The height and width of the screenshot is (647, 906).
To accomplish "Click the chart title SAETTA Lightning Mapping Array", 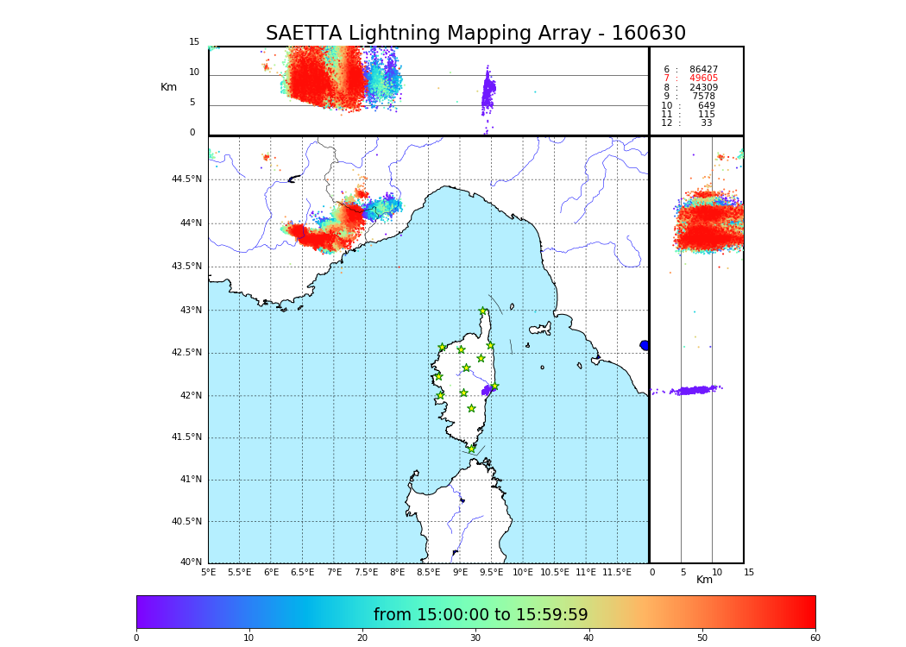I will [475, 34].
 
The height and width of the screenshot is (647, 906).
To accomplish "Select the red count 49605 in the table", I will [703, 79].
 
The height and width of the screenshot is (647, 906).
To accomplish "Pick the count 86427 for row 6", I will [703, 69].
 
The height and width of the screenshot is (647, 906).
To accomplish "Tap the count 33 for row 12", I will [706, 123].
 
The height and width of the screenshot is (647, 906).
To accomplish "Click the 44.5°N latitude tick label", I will [186, 179].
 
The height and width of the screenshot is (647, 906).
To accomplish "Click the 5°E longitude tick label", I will [208, 572].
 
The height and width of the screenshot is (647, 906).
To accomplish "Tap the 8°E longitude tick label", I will [397, 572].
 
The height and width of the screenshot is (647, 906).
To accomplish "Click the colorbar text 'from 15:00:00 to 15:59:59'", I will [481, 615].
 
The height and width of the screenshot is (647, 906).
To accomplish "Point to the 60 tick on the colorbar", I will [815, 638].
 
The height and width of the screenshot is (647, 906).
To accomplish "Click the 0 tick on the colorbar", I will [136, 638].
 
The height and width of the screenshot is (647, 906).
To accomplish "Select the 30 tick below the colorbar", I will [475, 638].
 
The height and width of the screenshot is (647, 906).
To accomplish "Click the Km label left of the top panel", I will [168, 87].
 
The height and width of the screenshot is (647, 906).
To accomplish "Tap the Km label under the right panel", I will [704, 580].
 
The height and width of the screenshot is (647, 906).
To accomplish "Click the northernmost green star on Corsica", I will [483, 311].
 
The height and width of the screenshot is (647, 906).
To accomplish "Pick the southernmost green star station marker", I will [471, 449].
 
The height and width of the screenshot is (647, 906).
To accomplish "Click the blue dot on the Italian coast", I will [645, 345].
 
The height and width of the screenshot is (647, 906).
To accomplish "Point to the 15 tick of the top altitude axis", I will [194, 42].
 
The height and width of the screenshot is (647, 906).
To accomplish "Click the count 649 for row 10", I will [706, 105].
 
